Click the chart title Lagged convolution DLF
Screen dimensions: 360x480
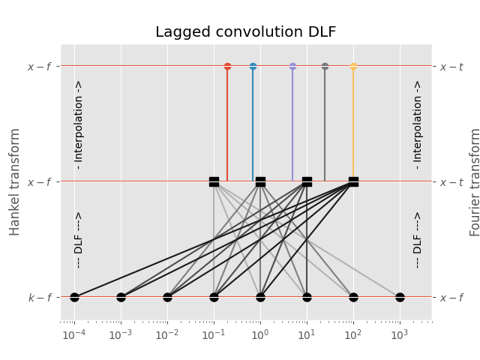(245, 32)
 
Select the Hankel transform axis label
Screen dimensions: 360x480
(15, 181)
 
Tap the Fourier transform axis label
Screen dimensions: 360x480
(474, 181)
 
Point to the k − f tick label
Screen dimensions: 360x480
(40, 298)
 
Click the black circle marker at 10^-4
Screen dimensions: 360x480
(74, 297)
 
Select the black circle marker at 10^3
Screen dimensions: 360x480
(400, 297)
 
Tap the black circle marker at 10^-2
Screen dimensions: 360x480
(167, 297)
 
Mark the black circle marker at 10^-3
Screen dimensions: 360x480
(121, 297)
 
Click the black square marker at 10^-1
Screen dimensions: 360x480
(214, 181)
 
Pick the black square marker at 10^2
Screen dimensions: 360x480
(353, 181)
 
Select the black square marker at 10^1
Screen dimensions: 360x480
(307, 181)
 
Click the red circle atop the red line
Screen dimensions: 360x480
(227, 66)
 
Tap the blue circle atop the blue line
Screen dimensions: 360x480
(253, 66)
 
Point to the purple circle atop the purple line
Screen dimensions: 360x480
(292, 66)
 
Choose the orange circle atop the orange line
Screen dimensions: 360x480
(353, 66)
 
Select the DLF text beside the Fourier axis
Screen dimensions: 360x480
(418, 239)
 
